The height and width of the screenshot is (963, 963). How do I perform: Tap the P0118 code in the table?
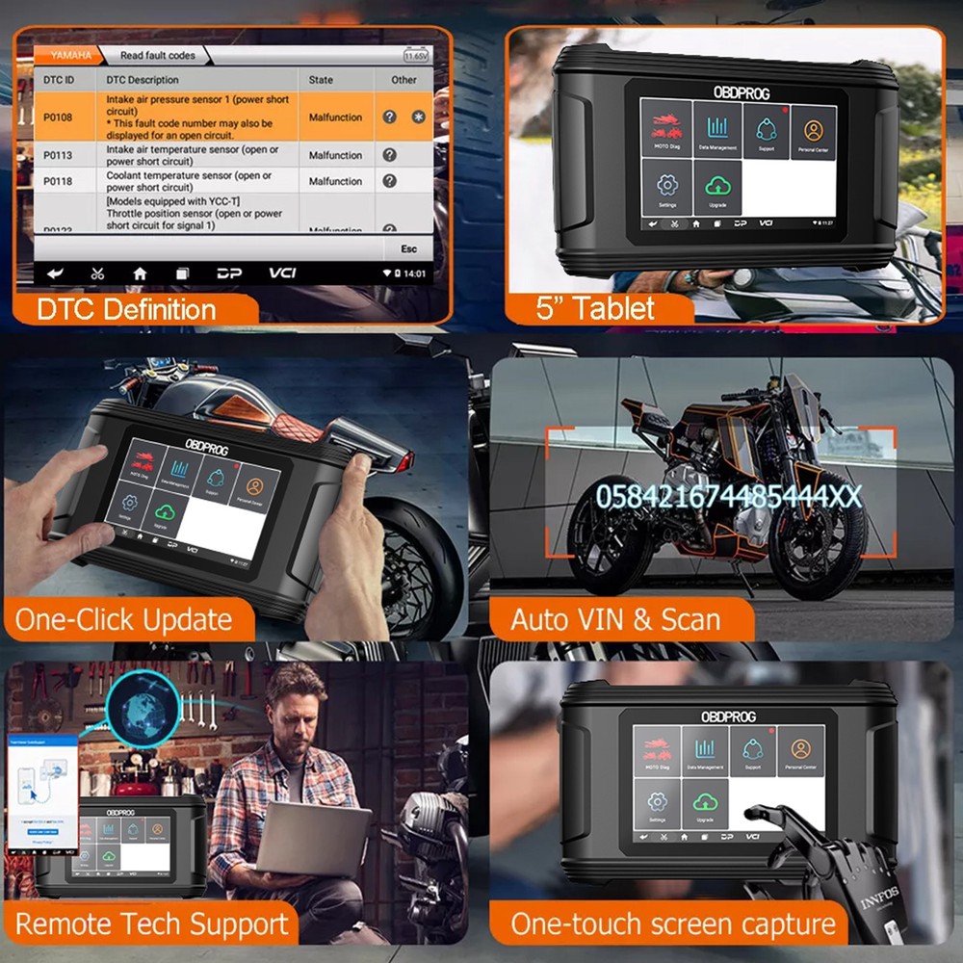point(56,181)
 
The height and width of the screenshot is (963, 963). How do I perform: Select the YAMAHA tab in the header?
point(71,56)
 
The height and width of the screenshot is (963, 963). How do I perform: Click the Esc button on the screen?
point(409,248)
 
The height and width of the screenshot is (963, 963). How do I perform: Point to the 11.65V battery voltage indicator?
point(417,56)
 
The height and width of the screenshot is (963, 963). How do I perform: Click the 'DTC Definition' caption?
point(126,309)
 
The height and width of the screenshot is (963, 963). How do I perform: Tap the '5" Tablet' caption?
point(595,308)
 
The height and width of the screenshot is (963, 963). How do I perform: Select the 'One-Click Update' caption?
point(123,619)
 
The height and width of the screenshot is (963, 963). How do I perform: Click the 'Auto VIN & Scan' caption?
point(615,619)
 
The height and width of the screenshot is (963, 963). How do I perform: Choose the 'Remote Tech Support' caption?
point(151,924)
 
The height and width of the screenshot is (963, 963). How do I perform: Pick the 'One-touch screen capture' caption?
point(673,924)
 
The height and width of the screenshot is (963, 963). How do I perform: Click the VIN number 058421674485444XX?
point(728,497)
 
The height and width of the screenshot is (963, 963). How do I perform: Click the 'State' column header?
point(321,80)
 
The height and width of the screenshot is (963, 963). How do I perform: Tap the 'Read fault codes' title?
point(157,56)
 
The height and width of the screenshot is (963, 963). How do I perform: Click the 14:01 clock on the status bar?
point(412,273)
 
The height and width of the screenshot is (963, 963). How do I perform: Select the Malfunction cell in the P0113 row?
point(335,155)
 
